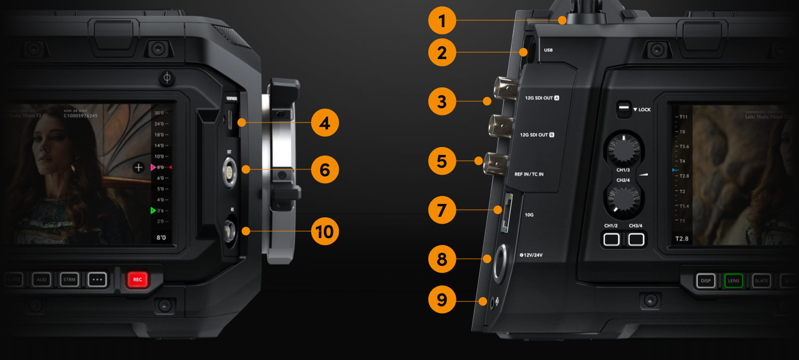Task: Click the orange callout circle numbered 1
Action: tap(442, 22)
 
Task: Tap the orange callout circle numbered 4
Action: tap(325, 123)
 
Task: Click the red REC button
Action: tap(137, 279)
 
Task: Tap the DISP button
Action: tap(706, 281)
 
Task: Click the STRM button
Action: tap(69, 279)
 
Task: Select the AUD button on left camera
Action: tap(42, 279)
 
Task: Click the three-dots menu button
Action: tap(97, 279)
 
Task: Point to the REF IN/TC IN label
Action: tap(529, 174)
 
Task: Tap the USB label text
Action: tap(548, 51)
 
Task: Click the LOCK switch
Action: tap(622, 109)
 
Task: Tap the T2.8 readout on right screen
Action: tap(682, 239)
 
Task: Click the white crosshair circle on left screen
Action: tap(138, 168)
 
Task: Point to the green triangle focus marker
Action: tap(153, 211)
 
